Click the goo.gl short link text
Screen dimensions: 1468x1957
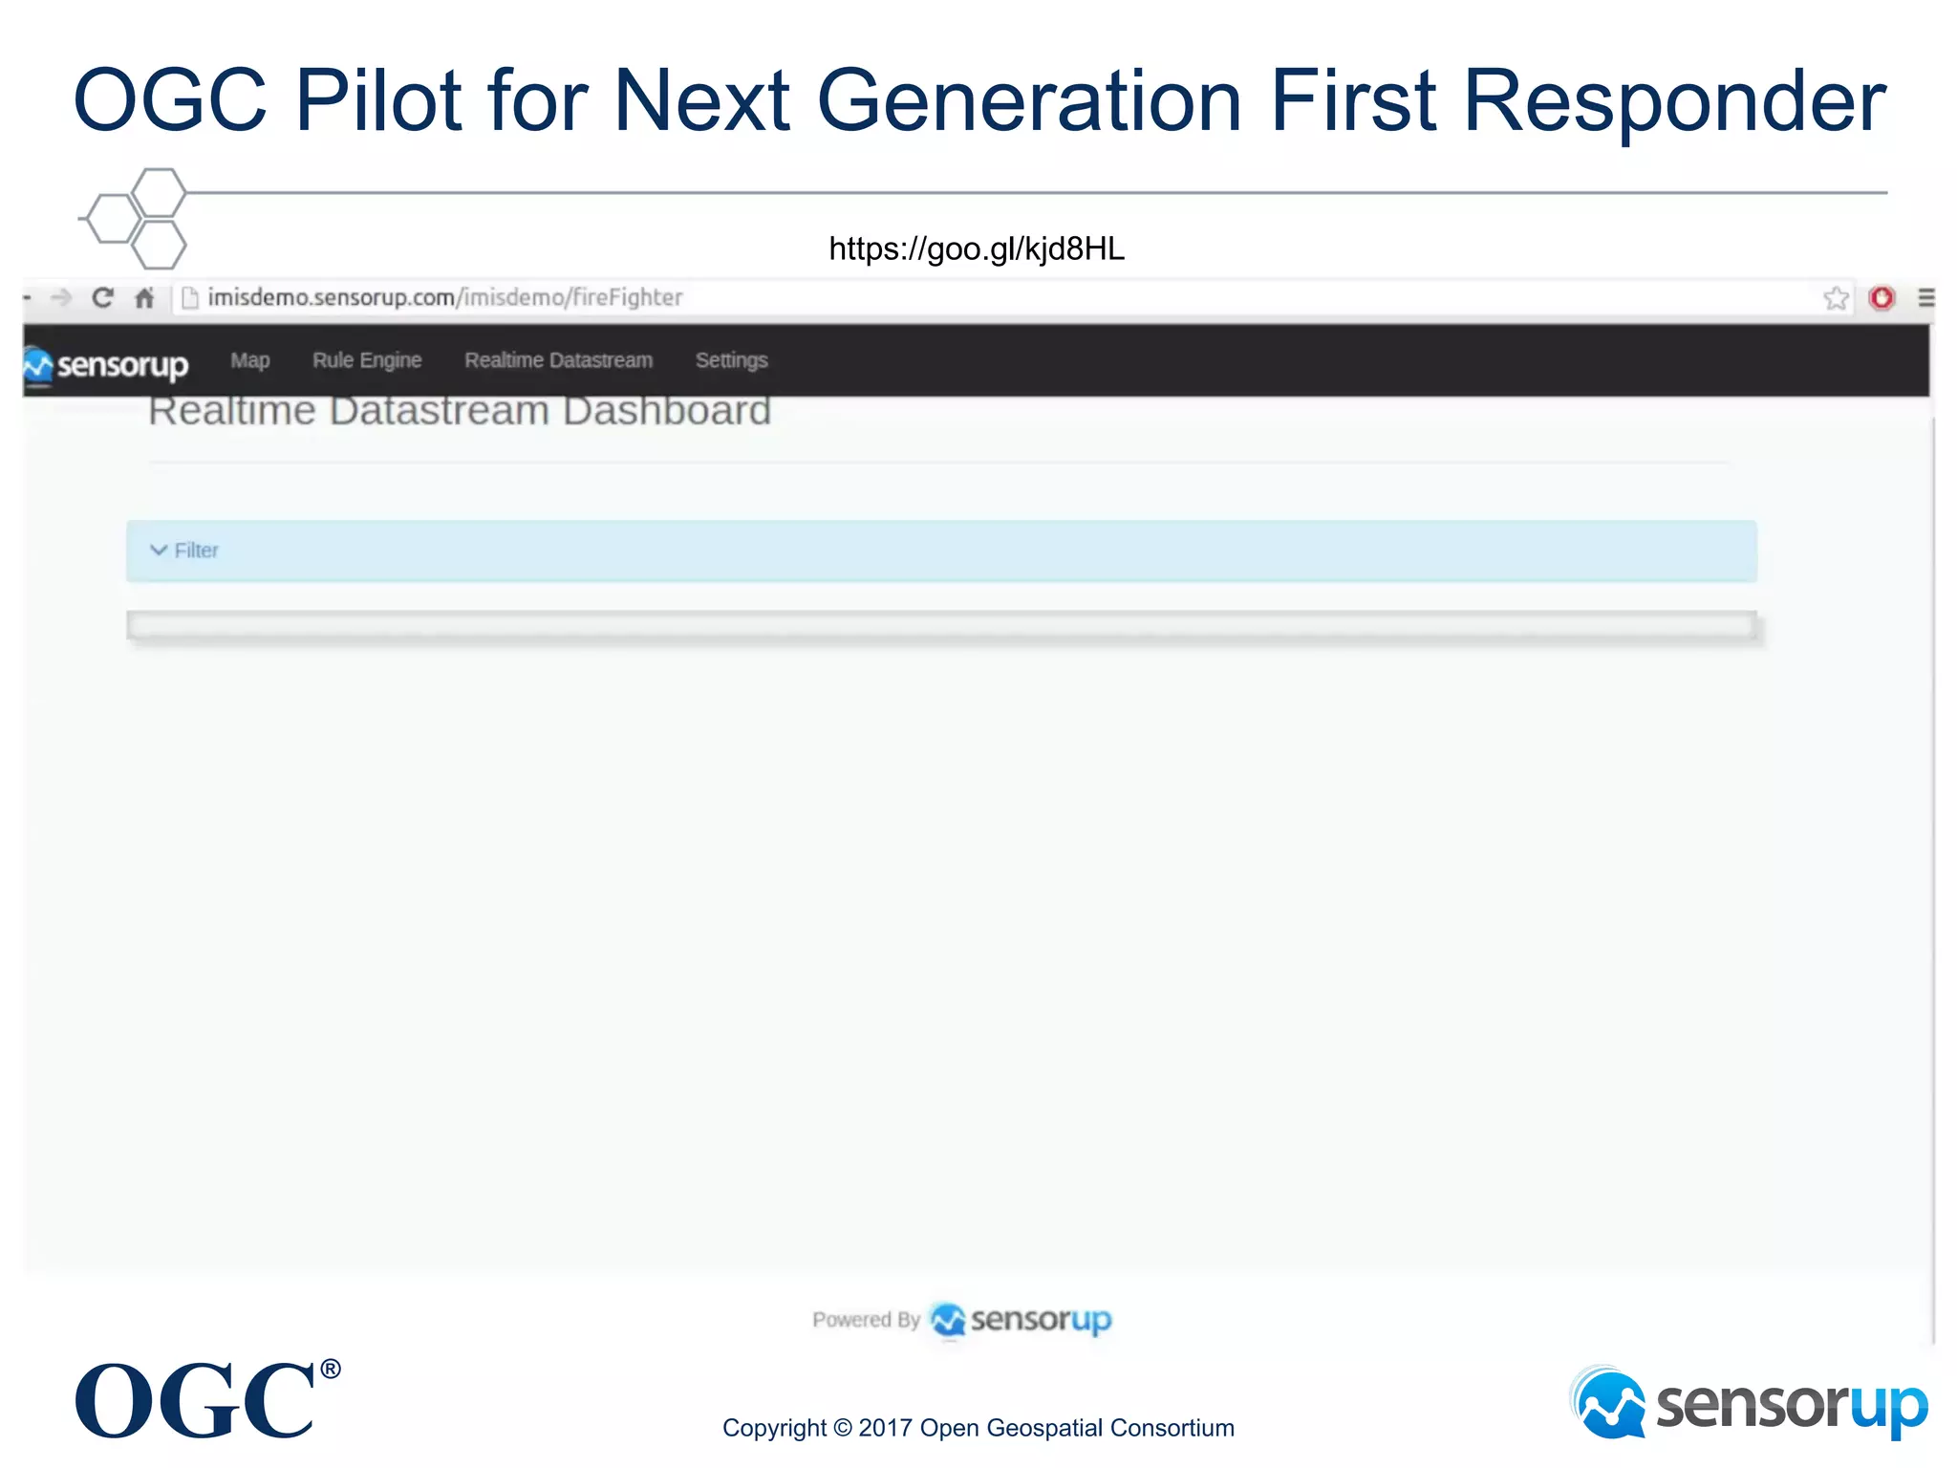(976, 249)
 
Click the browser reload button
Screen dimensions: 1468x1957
(102, 298)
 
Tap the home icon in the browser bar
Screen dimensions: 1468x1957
(144, 298)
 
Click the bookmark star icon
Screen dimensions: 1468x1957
(1835, 298)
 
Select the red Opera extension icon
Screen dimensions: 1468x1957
(1882, 298)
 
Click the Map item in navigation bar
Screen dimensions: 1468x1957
(249, 360)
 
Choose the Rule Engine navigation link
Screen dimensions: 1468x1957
(367, 360)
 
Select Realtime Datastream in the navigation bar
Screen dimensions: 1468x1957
(558, 360)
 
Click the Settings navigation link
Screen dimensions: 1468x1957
(731, 360)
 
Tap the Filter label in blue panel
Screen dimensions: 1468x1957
(197, 550)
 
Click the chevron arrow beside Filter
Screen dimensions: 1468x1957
(159, 550)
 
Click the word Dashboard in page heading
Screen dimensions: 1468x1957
(666, 412)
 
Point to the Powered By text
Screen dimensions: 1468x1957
(866, 1320)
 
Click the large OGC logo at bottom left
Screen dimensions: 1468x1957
(196, 1400)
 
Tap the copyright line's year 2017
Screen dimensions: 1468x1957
(884, 1428)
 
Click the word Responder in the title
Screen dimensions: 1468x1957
(1674, 100)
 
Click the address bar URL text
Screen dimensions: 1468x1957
(445, 298)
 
